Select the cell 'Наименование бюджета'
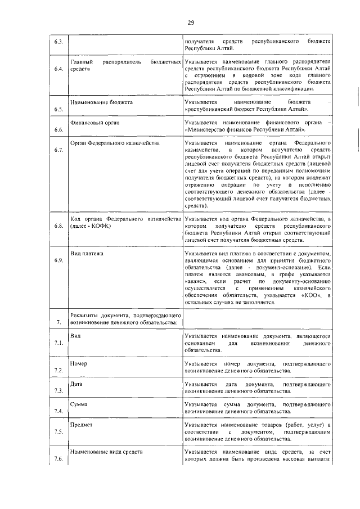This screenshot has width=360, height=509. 101,103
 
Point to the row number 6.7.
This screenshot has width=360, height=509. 58,150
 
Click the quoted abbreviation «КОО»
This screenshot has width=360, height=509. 311,295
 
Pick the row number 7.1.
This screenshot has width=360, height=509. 58,342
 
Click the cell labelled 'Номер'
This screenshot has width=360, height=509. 79,363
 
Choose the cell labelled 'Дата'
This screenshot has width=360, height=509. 77,384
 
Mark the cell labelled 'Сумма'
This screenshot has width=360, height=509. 79,404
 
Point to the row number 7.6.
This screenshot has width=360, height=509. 58,459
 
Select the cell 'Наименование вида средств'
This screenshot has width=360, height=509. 106,452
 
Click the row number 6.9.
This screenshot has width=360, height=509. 58,260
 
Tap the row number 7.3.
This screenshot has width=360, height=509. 58,391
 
